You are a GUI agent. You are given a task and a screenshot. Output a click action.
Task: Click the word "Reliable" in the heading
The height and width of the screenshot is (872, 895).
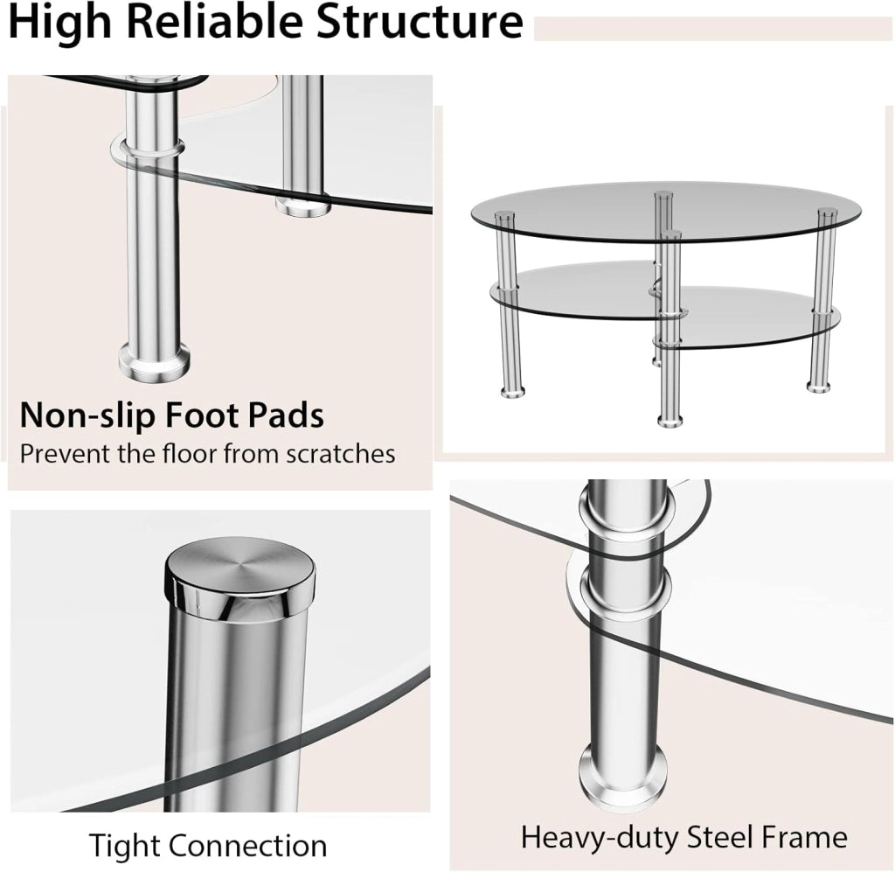coord(215,21)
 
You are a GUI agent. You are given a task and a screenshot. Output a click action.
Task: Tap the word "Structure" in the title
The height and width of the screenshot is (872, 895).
coord(419,21)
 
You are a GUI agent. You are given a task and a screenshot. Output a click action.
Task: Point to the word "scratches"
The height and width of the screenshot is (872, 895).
coord(340,454)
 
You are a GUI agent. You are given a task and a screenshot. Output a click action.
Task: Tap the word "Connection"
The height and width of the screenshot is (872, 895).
coord(247,846)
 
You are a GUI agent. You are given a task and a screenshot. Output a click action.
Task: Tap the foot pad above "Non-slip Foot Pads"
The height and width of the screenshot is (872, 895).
coord(155,363)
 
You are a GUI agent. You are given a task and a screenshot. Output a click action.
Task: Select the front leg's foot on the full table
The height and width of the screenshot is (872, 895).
coord(670,421)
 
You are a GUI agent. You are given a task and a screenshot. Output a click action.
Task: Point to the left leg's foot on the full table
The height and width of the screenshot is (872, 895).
coord(512,391)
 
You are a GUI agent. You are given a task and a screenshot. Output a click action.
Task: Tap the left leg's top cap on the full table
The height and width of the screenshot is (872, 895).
coord(504,216)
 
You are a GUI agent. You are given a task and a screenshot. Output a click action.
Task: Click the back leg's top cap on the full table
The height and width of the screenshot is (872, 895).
coord(663,195)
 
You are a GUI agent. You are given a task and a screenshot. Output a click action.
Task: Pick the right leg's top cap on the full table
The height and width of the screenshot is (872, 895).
coord(827,213)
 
